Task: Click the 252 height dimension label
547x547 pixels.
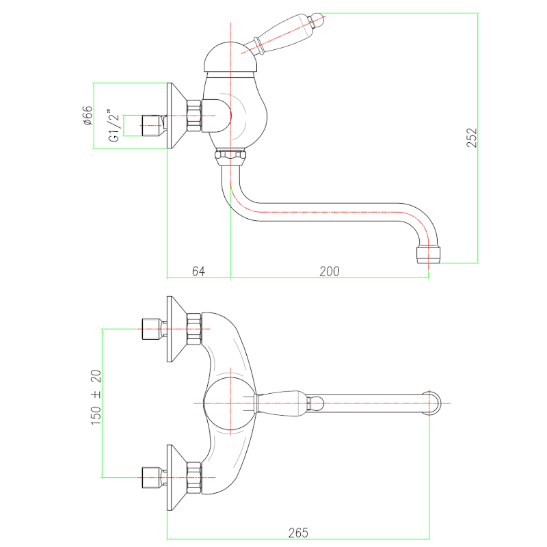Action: pos(472,137)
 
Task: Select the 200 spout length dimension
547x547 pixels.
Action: pos(330,271)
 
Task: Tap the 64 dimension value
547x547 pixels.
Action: pos(198,271)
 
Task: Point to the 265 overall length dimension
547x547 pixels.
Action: pos(298,532)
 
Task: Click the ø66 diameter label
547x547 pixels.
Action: pos(88,116)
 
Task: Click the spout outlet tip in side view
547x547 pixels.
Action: pos(428,256)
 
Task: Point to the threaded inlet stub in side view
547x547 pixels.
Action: pos(152,125)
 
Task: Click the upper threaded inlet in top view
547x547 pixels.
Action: pos(152,329)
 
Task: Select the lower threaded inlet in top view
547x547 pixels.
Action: pos(152,477)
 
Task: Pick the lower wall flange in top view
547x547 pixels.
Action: pos(176,477)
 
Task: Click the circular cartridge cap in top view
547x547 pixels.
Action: pos(229,403)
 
